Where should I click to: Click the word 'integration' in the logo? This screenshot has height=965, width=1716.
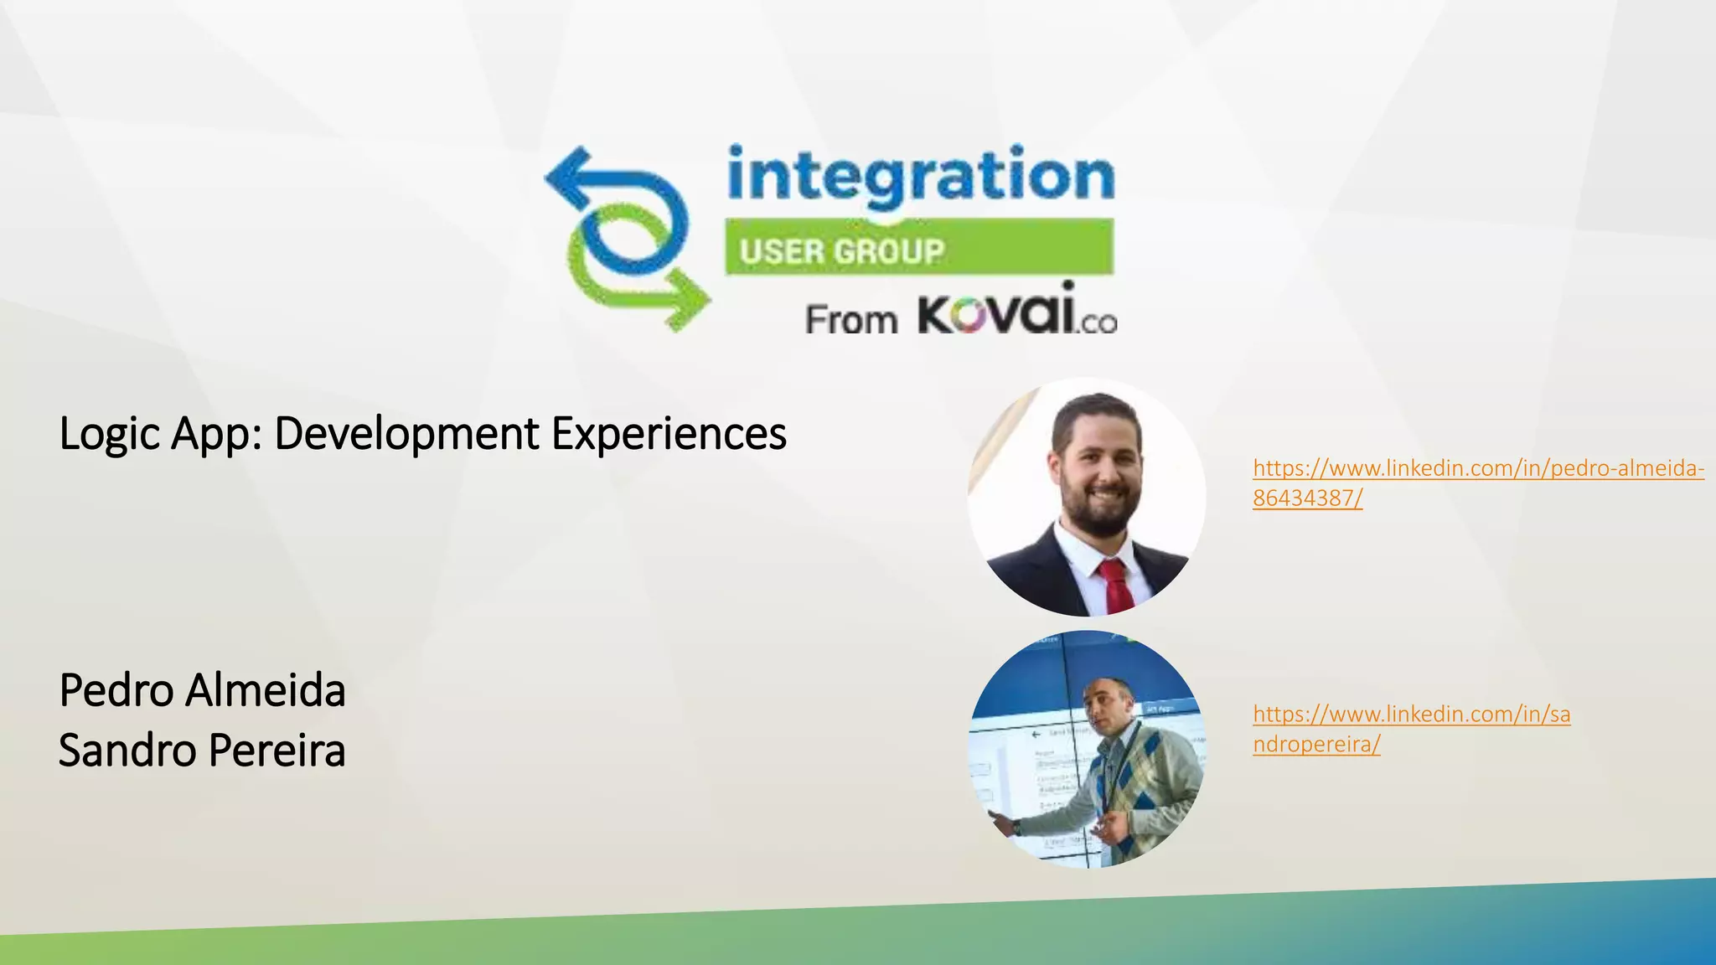[x=920, y=176]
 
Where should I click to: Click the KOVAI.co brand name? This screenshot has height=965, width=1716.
[x=1017, y=311]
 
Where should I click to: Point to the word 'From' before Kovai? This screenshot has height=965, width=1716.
[x=850, y=320]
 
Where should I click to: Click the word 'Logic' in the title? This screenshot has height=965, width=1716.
[x=110, y=434]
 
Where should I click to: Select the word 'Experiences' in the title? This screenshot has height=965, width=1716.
[x=669, y=434]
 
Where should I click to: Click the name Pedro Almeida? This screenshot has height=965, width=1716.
[x=202, y=691]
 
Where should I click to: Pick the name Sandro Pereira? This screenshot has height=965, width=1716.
[x=202, y=751]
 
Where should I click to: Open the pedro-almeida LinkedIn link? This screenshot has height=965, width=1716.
[x=1478, y=468]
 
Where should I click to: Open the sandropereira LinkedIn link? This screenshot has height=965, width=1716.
[x=1411, y=715]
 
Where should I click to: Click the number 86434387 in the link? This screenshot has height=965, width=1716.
[x=1304, y=498]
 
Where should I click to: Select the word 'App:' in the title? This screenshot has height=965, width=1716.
[x=216, y=434]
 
